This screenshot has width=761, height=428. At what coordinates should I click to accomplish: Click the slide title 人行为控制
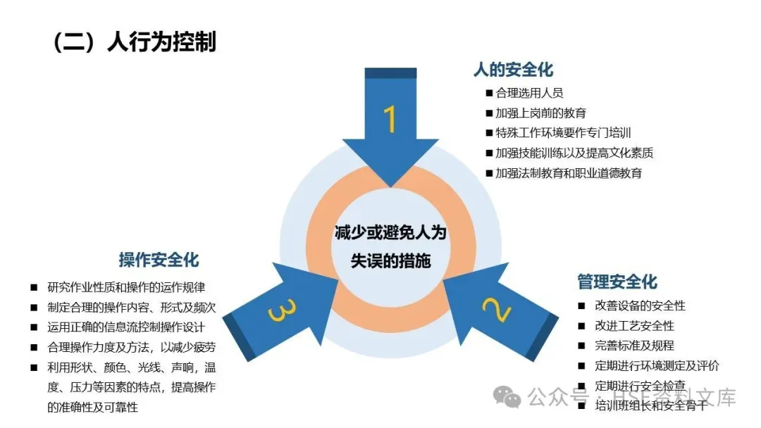pyautogui.click(x=134, y=41)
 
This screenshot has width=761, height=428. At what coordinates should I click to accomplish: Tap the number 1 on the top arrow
pyautogui.click(x=389, y=119)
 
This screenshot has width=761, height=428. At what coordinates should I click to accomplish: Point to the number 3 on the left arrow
pyautogui.click(x=278, y=310)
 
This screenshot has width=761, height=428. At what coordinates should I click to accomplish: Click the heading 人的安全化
pyautogui.click(x=513, y=70)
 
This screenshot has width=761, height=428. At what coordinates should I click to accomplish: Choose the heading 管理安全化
pyautogui.click(x=617, y=282)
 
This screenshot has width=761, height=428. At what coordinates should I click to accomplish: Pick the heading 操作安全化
pyautogui.click(x=159, y=260)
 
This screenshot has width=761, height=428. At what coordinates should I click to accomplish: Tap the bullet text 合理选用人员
pyautogui.click(x=529, y=93)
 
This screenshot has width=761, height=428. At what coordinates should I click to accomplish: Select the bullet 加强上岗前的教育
pyautogui.click(x=540, y=113)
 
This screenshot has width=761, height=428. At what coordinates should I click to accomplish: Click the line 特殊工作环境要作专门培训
pyautogui.click(x=563, y=132)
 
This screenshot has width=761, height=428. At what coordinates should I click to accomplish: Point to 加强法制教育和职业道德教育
pyautogui.click(x=569, y=172)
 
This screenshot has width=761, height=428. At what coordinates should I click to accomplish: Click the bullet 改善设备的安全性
pyautogui.click(x=640, y=306)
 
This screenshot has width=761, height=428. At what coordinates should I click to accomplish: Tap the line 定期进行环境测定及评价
pyautogui.click(x=657, y=366)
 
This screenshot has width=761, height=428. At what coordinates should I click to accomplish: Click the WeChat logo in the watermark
pyautogui.click(x=508, y=396)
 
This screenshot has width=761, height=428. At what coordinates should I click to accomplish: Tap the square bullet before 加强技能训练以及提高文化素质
pyautogui.click(x=489, y=153)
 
